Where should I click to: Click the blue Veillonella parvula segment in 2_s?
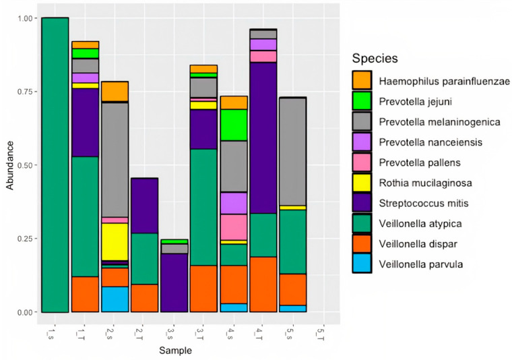pyautogui.click(x=115, y=299)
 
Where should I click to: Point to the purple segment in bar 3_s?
pyautogui.click(x=174, y=282)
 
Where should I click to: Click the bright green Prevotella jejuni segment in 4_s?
pyautogui.click(x=233, y=125)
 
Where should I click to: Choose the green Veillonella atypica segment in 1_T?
pyautogui.click(x=85, y=216)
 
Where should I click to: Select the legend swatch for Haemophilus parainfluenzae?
pyautogui.click(x=362, y=81)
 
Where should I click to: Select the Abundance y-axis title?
pyautogui.click(x=9, y=165)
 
